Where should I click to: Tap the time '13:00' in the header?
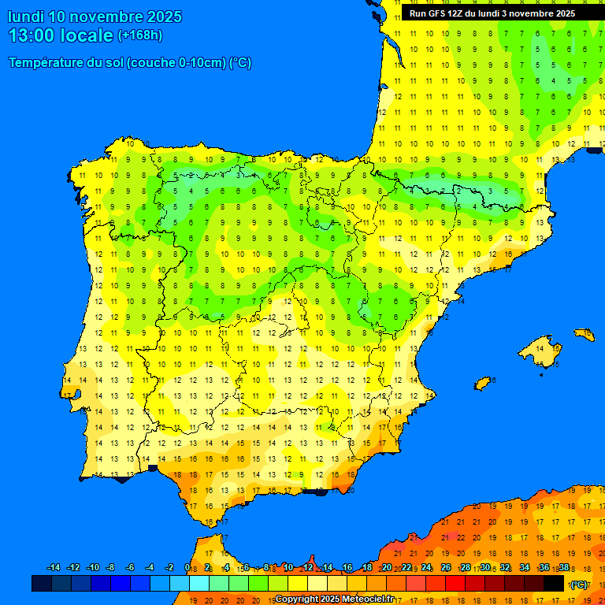tap(32, 35)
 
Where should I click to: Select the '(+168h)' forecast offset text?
tap(140, 35)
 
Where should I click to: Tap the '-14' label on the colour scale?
tap(54, 568)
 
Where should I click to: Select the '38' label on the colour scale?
tap(563, 568)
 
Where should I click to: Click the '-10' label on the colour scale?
tap(92, 568)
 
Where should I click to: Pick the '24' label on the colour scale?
tap(426, 568)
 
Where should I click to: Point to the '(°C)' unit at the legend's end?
tap(579, 585)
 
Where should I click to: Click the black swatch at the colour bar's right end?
tap(554, 584)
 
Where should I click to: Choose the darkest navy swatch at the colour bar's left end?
tap(42, 584)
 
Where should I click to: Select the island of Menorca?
tap(585, 335)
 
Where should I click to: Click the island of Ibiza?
tap(482, 383)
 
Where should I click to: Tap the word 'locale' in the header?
tap(87, 35)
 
